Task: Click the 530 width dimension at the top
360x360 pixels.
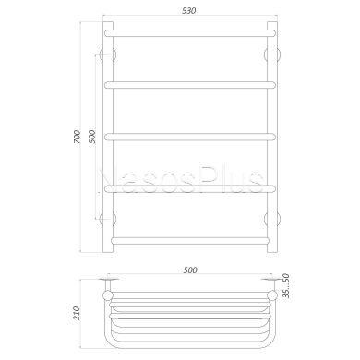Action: (189, 11)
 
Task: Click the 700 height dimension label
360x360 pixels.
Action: (78, 137)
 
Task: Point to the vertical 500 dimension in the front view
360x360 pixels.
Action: (92, 137)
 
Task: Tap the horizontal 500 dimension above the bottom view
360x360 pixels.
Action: (190, 270)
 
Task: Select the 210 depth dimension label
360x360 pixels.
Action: (77, 313)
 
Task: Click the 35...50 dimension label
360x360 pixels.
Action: (286, 286)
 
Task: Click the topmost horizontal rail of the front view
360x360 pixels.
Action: (190, 33)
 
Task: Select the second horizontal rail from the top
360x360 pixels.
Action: (190, 85)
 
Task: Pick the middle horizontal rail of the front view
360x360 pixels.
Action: (190, 137)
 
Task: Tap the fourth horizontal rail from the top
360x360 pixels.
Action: (190, 188)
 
